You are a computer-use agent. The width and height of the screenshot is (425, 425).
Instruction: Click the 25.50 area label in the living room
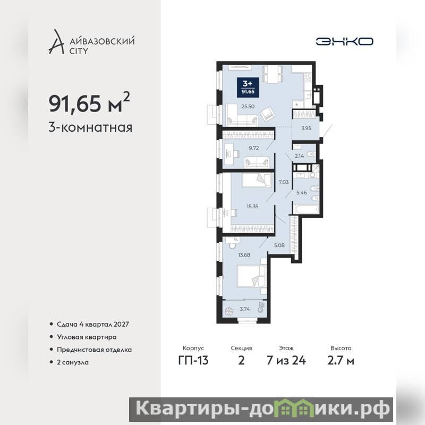248,107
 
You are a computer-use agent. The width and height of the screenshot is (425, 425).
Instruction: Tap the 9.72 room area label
254,148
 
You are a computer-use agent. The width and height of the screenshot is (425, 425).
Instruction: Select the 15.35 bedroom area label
252,206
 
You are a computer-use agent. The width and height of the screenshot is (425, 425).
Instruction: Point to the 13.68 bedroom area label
244,255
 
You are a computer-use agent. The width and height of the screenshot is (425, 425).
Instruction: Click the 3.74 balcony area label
244,309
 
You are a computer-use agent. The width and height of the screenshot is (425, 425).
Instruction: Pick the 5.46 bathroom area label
301,193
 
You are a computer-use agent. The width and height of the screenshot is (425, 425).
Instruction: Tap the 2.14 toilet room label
299,156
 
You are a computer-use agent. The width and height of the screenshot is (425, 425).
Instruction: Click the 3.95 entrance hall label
307,128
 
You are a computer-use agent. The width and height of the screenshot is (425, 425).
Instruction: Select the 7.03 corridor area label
284,182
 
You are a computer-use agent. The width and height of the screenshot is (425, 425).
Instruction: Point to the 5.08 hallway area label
279,245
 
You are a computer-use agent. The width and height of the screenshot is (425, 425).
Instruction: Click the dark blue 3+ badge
248,87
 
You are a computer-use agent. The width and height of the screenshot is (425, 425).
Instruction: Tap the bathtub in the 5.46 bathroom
307,209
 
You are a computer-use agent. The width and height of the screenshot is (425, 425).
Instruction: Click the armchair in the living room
268,114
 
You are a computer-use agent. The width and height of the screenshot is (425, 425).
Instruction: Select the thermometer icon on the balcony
261,308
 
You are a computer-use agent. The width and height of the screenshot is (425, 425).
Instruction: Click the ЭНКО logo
344,41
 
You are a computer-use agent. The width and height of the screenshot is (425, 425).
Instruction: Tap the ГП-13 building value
193,361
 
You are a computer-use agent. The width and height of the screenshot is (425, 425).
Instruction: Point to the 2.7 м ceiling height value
341,361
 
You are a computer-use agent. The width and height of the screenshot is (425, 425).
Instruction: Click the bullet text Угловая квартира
87,337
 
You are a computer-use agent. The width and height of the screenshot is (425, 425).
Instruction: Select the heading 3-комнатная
90,127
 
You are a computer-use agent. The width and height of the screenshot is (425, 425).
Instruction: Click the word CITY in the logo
79,51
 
